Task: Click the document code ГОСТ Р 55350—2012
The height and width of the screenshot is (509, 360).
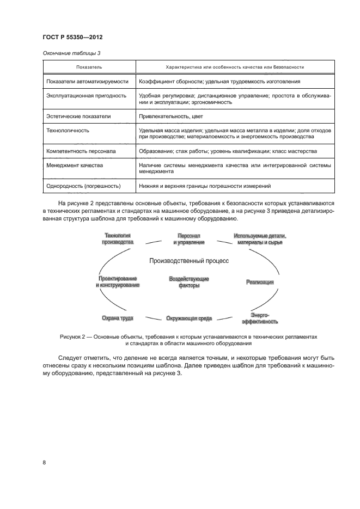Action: pos(72,38)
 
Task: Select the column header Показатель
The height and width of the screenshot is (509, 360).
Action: pos(89,67)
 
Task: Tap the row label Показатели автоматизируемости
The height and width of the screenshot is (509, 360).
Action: pos(88,81)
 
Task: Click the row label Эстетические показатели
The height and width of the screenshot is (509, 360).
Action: pos(79,116)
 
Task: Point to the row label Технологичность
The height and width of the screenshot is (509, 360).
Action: pos(68,131)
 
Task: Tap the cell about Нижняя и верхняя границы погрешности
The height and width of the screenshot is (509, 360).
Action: pos(205,186)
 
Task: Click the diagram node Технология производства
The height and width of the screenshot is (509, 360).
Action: pos(117,238)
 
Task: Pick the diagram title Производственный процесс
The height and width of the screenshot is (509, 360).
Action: pos(189,261)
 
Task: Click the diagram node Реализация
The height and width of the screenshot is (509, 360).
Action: pos(259,282)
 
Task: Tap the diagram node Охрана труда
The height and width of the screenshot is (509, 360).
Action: pos(118,318)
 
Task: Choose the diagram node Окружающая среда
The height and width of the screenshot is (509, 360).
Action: pos(189,318)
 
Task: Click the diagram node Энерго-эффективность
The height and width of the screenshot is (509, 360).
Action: pos(260,318)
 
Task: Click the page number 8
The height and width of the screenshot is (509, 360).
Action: pos(44,462)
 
